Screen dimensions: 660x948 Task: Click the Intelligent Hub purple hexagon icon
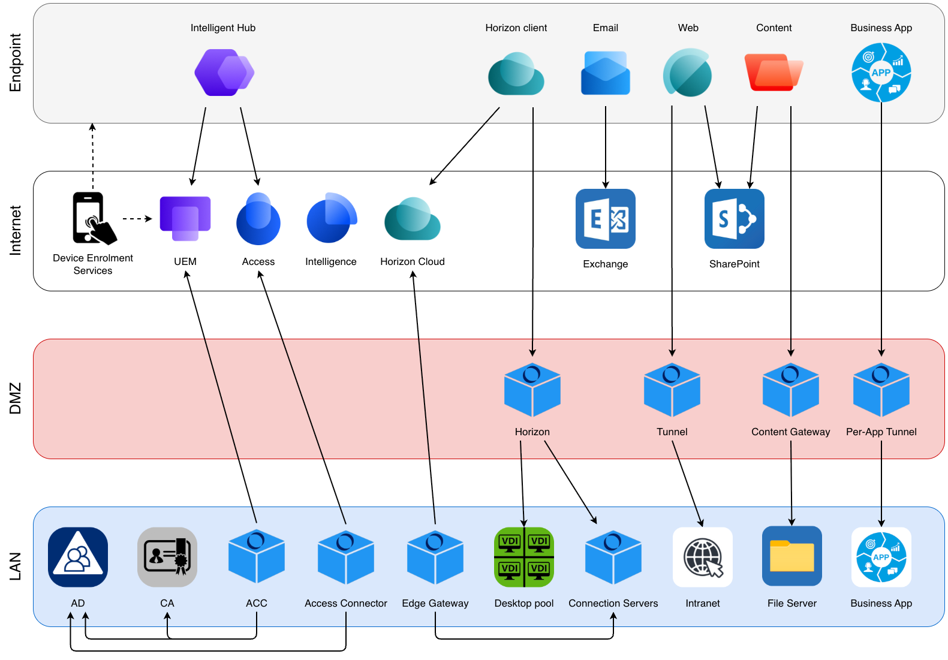(224, 73)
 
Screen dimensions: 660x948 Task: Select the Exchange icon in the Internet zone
(605, 219)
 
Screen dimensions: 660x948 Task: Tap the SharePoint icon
(734, 219)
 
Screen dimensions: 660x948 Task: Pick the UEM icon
(185, 218)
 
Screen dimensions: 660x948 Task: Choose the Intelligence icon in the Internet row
(331, 218)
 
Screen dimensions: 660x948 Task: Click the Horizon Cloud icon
(413, 219)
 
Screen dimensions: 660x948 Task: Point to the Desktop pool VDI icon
(523, 557)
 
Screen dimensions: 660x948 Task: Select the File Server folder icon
(791, 556)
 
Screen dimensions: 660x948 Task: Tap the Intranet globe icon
(702, 557)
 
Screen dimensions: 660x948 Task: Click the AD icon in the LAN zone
(78, 557)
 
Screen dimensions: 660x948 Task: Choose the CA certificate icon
(167, 557)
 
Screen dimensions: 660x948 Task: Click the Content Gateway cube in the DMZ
(790, 390)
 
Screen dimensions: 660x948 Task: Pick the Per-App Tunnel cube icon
(881, 390)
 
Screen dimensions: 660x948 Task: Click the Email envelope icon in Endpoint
(605, 73)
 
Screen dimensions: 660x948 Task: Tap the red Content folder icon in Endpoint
(773, 73)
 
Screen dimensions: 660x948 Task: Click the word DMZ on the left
(16, 399)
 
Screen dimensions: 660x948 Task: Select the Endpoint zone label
(16, 62)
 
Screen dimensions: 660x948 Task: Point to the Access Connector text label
(345, 603)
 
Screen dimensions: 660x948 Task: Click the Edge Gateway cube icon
(435, 557)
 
